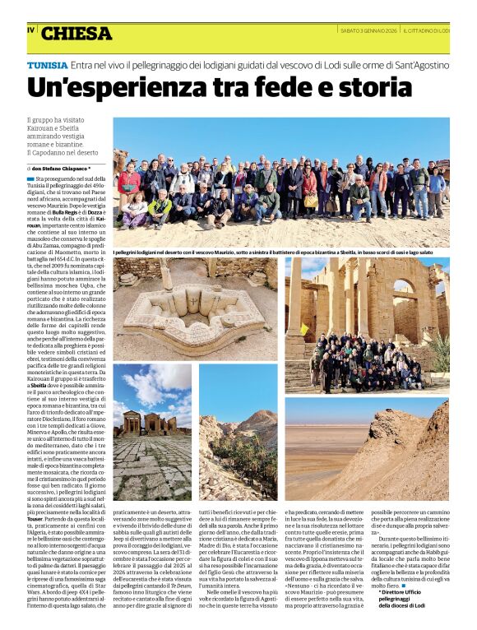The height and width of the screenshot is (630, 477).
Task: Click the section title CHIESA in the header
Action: point(76,34)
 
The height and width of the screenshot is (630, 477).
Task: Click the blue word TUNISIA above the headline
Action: point(47,63)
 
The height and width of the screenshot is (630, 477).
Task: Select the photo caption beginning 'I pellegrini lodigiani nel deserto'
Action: point(280,251)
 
